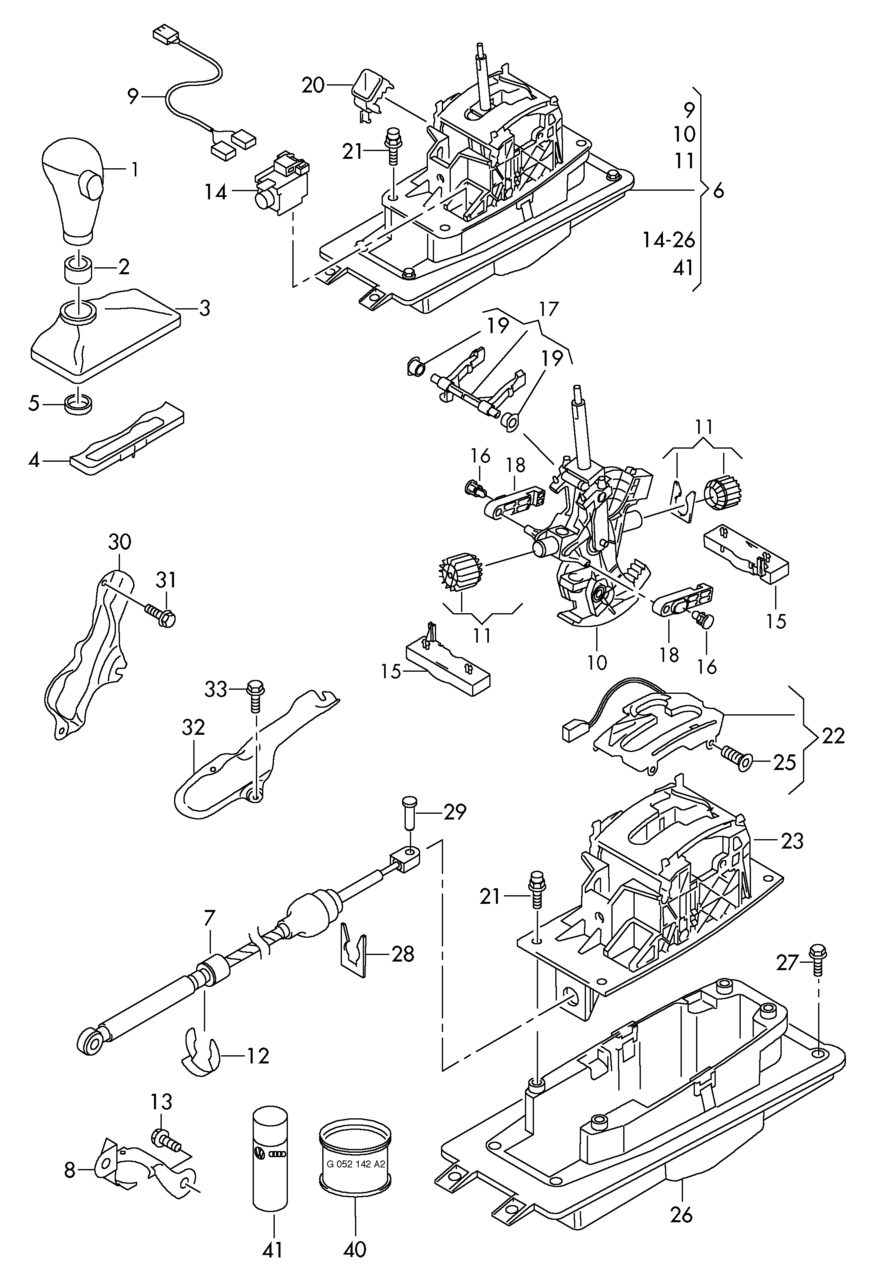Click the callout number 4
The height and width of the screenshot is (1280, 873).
(x=34, y=459)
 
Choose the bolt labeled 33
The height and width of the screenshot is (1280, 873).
(x=255, y=695)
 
